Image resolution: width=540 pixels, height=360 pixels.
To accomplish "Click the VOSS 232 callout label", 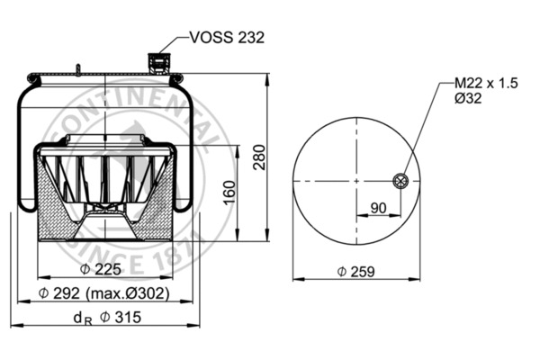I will pos(227,37).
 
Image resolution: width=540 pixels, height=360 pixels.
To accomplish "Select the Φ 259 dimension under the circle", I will pos(355,271).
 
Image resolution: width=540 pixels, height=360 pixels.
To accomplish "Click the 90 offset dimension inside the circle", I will pos(379,207).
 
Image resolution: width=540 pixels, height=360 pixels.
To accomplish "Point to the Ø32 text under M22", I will pos(467,98).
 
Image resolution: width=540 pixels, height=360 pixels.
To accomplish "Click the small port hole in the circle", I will pos(400,181).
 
